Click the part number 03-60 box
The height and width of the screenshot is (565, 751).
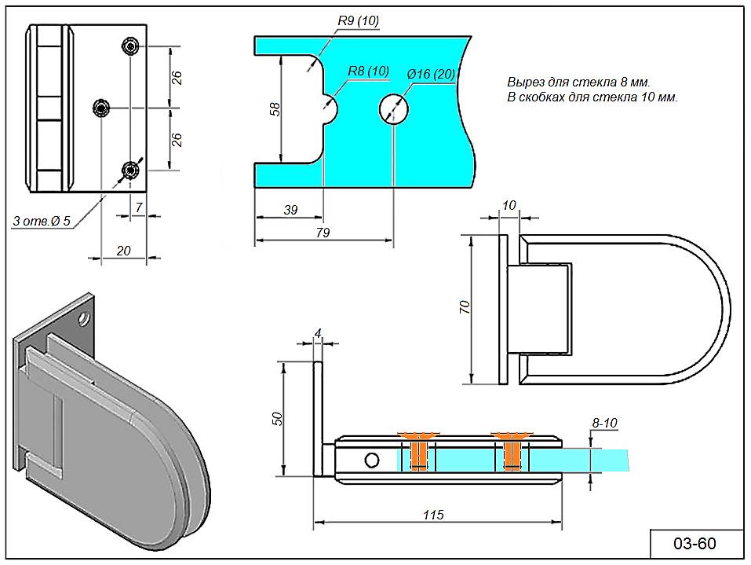point(695,544)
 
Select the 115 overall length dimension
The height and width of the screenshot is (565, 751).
point(433,515)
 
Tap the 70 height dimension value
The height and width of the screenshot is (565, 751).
point(463,307)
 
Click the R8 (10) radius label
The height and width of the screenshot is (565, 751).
point(368,72)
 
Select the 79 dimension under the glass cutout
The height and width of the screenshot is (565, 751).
point(322,233)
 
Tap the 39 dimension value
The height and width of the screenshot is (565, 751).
point(290,210)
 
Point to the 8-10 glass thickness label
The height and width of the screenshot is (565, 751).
point(604,423)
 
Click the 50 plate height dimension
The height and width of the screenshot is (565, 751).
point(275,418)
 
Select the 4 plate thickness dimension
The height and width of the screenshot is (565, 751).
point(318,333)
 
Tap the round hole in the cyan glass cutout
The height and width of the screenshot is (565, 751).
point(395,108)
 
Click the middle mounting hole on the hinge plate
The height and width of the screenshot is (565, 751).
point(101,107)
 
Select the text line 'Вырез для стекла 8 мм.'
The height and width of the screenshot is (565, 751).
point(579,82)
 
